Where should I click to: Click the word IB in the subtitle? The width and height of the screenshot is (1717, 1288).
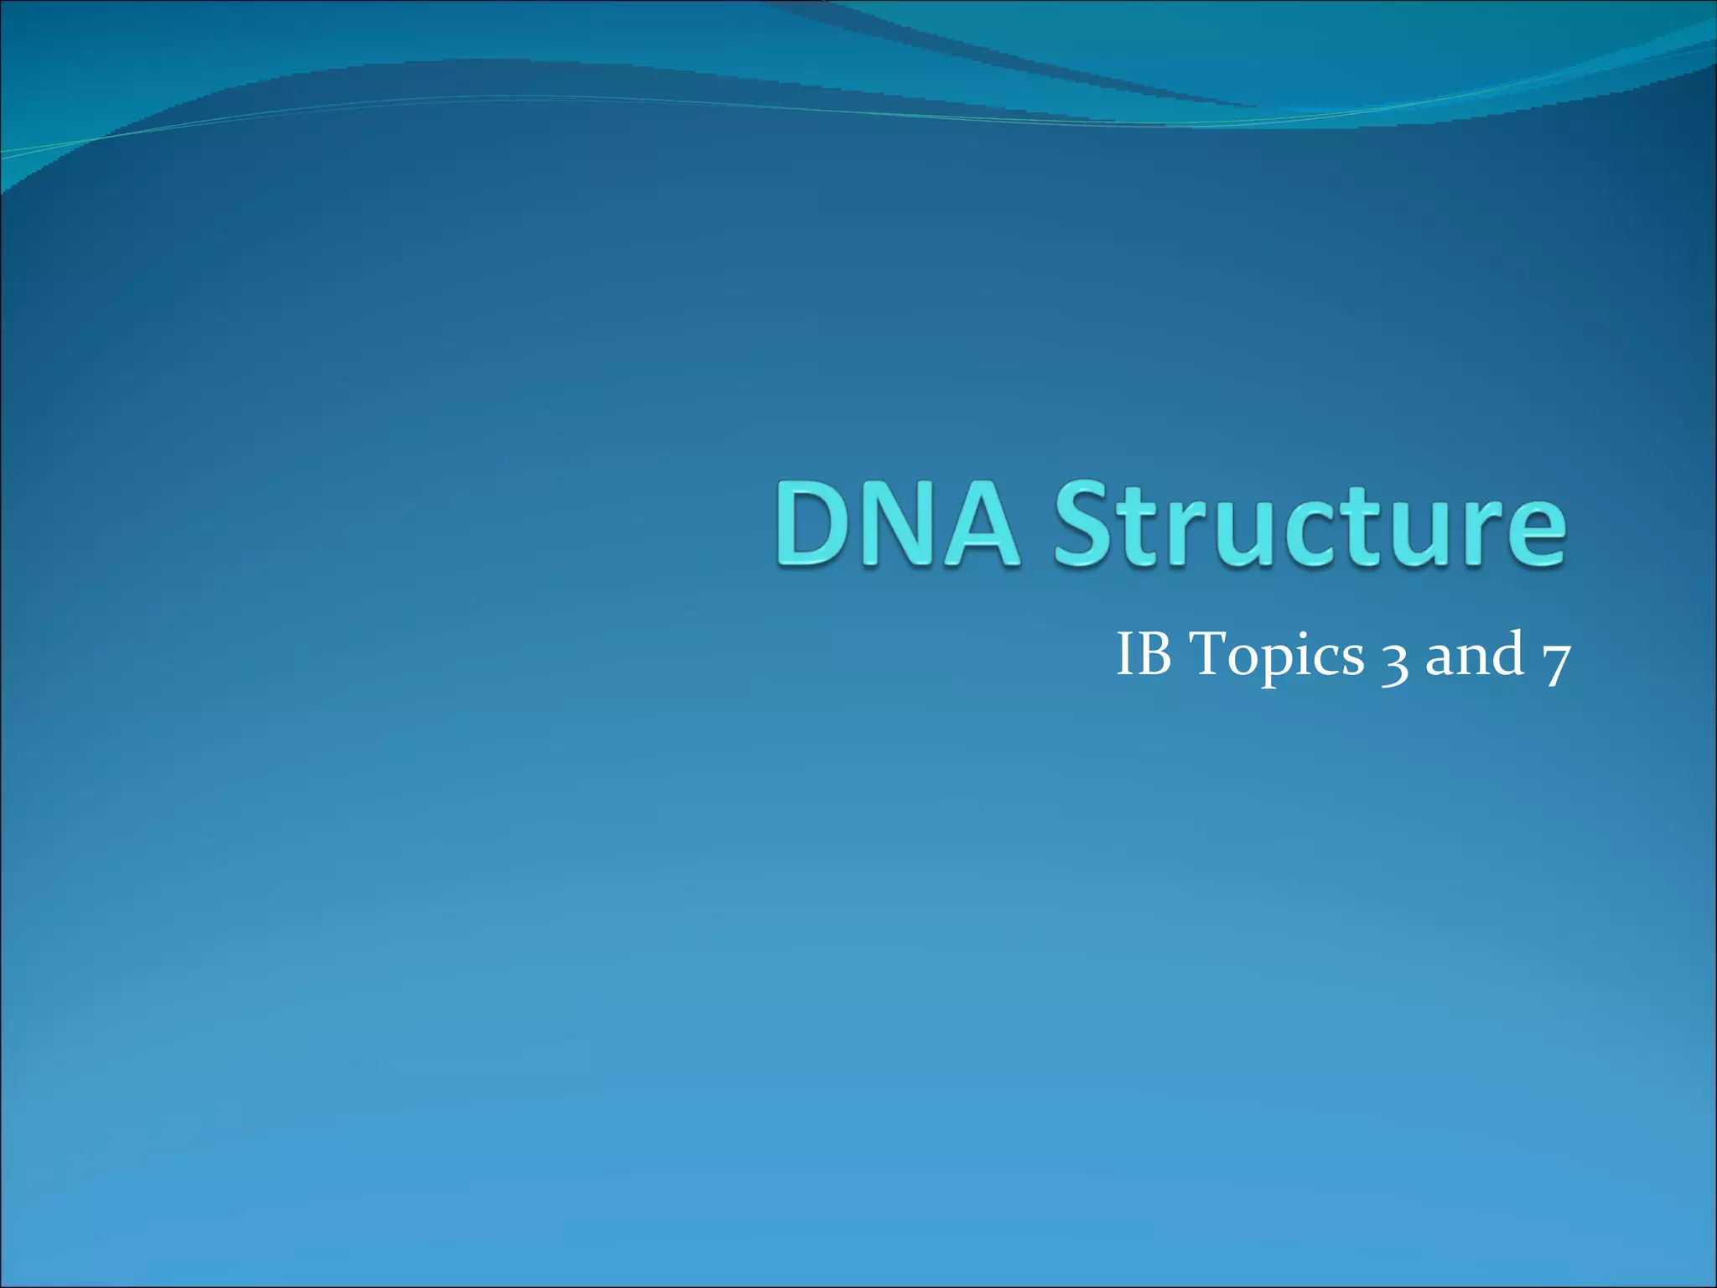[1144, 654]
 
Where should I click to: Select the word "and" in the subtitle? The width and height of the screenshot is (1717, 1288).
[1475, 654]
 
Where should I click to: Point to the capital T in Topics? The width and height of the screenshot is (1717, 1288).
[1211, 653]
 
